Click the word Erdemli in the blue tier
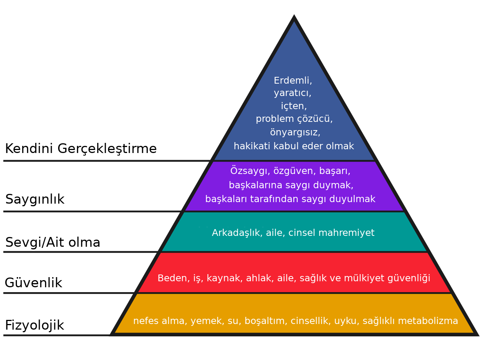[292, 81]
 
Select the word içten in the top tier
[294, 106]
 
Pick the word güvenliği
[409, 279]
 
